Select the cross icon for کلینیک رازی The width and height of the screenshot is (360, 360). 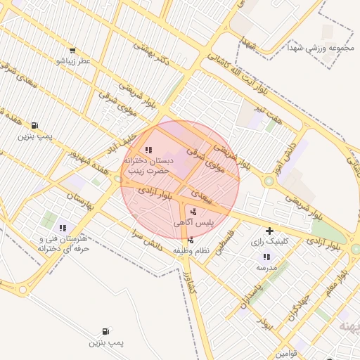tap(269, 231)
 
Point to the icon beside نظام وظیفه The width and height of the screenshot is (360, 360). tap(191, 240)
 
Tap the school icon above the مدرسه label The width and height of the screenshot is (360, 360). tap(266, 257)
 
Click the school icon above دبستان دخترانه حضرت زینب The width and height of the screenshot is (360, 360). tap(148, 150)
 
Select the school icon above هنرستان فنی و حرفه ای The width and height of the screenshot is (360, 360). tap(63, 228)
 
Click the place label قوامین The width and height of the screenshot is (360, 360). tap(288, 353)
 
